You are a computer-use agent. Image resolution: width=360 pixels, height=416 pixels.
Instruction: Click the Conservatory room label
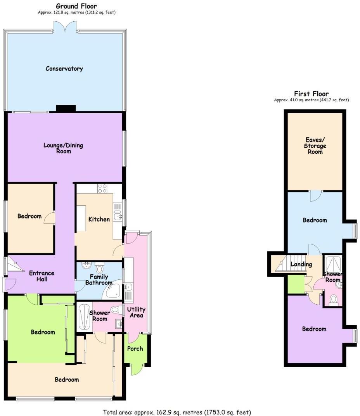[x=64, y=69]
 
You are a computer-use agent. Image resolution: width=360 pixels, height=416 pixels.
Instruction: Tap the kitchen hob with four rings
[x=102, y=189]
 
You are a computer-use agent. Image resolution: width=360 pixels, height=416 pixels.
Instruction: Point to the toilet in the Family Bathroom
[x=100, y=268]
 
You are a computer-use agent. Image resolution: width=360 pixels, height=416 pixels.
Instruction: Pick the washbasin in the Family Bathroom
[x=86, y=266]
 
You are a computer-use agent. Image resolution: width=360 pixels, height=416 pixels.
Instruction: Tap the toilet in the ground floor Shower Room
[x=114, y=310]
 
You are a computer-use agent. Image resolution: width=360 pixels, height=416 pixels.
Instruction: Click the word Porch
[x=135, y=348]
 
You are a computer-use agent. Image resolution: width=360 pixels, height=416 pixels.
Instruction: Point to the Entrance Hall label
[x=42, y=276]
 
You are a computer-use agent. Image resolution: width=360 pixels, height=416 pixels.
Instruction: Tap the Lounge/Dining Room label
[x=63, y=148]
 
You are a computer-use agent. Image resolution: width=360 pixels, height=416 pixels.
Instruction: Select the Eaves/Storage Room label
[x=315, y=146]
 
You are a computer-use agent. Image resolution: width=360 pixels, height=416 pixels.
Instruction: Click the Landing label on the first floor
[x=301, y=265]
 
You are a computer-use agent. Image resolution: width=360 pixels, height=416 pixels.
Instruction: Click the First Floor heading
[x=311, y=94]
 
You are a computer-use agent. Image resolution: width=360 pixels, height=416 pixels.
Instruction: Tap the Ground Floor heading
[x=76, y=6]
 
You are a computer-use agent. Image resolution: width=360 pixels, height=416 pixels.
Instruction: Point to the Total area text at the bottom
[x=177, y=412]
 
